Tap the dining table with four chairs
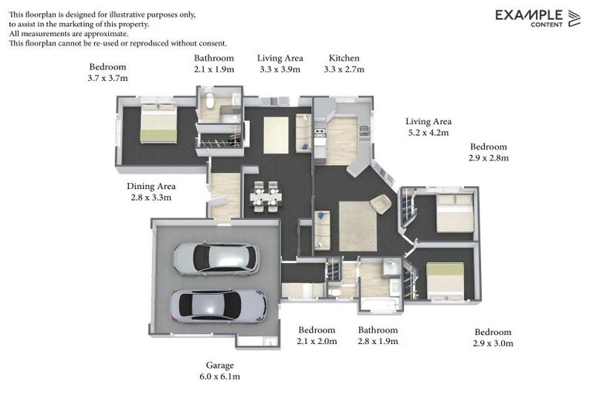266,197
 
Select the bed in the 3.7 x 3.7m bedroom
158,123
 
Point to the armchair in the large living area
381,204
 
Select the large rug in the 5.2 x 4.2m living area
357,225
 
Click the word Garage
219,365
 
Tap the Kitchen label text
344,58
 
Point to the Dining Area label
151,186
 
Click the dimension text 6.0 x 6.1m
219,376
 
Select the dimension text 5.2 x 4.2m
429,133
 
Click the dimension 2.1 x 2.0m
317,342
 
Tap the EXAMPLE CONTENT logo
537,18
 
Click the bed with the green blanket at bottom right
446,280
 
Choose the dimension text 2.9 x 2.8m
489,158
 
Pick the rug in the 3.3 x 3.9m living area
276,135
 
